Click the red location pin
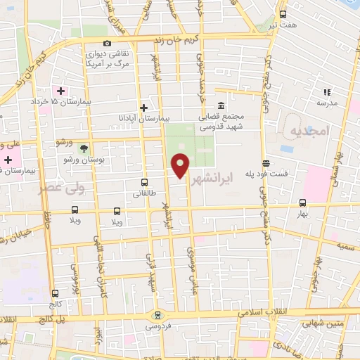click(x=181, y=166)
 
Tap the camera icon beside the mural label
click(x=107, y=43)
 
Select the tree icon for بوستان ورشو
click(x=84, y=148)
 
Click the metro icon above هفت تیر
click(x=283, y=14)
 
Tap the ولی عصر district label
click(x=62, y=188)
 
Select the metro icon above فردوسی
click(x=157, y=315)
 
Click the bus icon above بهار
click(x=303, y=201)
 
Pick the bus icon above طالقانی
click(x=144, y=181)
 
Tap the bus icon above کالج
click(x=56, y=293)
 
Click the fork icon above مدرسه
click(x=326, y=91)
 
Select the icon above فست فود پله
click(x=265, y=162)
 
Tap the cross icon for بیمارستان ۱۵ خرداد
click(x=61, y=91)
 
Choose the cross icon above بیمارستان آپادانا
click(x=144, y=108)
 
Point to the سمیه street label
click(x=345, y=246)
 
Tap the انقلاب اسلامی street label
click(x=239, y=311)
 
